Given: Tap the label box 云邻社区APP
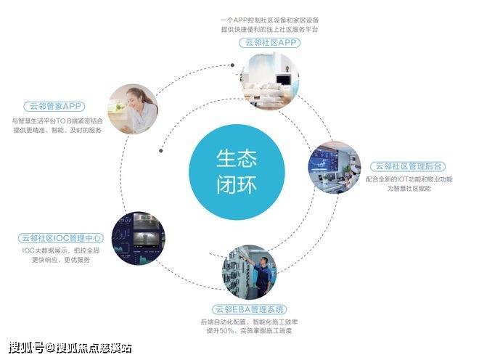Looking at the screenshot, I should (x=269, y=43).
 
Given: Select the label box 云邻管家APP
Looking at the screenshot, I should (x=55, y=106).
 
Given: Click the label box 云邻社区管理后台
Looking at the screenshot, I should (x=409, y=166).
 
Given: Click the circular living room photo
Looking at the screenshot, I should (x=269, y=79).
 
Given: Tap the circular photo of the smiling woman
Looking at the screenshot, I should (x=133, y=109).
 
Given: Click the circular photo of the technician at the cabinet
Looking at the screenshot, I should (x=249, y=272).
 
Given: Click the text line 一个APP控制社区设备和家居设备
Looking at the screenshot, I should (x=269, y=20).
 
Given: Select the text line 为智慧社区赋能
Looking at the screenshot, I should (x=409, y=189).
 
